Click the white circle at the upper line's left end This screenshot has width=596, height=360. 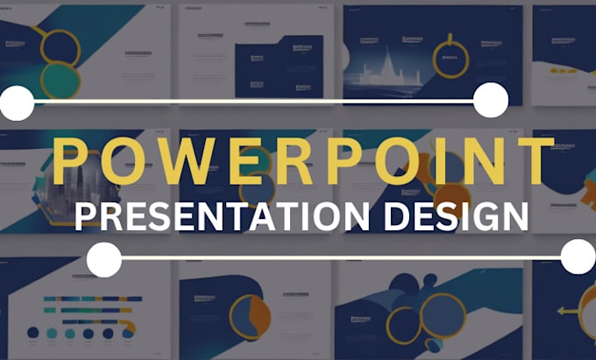16,102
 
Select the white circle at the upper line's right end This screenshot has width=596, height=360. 490,101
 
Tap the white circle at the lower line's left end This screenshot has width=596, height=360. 104,258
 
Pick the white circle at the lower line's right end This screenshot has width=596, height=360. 578,257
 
